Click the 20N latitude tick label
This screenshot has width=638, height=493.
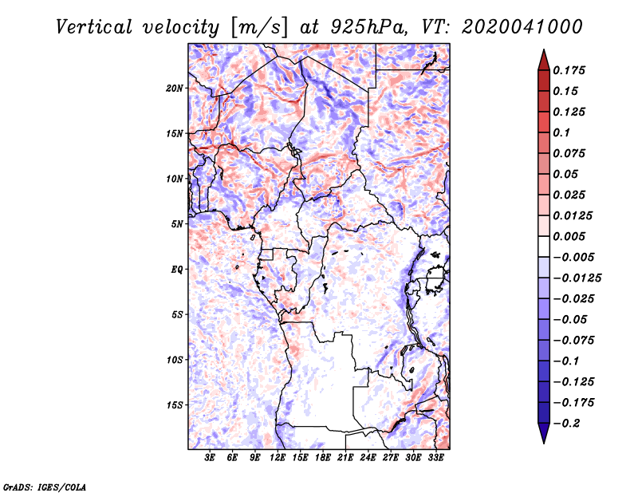point(175,88)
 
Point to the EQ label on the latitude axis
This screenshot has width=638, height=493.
point(177,270)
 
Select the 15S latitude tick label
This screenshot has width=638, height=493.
point(175,405)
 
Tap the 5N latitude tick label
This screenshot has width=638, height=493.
point(177,224)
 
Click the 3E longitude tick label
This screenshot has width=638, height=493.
point(211,459)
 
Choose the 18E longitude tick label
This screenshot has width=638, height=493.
point(324,459)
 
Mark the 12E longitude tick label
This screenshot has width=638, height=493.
point(278,459)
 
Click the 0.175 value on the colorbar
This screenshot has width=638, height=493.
point(572,70)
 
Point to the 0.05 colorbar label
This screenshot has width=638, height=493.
point(569,174)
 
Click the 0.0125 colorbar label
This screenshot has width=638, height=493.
point(574,215)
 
